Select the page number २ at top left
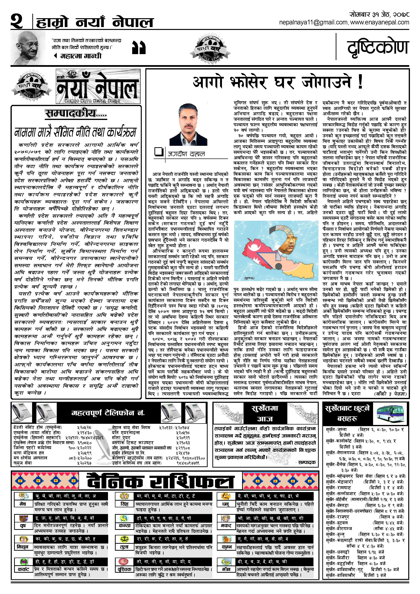click(17, 22)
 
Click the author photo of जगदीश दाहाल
click(188, 124)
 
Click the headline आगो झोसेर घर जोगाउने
click(277, 83)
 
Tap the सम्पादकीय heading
click(76, 114)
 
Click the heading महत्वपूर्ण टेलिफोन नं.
click(108, 413)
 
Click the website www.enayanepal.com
click(380, 23)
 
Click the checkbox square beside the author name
click(158, 152)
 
